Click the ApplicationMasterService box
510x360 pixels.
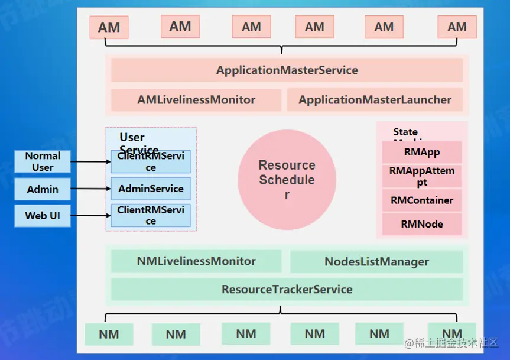pos(287,70)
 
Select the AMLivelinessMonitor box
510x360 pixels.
pos(196,100)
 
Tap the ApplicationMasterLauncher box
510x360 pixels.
pos(375,100)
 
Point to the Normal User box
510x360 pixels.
pos(43,161)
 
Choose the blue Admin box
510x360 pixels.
pos(43,189)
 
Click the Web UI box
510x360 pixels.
pos(43,216)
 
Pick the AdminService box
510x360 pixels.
pos(151,189)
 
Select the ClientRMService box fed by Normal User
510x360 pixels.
pos(151,162)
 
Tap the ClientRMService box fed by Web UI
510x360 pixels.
pos(151,216)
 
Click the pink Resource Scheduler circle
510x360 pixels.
pos(287,179)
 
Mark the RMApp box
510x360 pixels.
pos(421,153)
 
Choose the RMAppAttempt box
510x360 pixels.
pos(421,176)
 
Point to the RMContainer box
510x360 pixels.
pos(421,200)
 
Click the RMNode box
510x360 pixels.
pos(421,224)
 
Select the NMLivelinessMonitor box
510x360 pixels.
pos(196,261)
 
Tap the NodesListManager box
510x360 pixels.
pos(376,261)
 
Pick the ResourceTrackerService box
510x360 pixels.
pos(287,290)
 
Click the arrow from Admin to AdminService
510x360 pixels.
pos(90,189)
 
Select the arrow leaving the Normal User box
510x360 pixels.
pos(90,161)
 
